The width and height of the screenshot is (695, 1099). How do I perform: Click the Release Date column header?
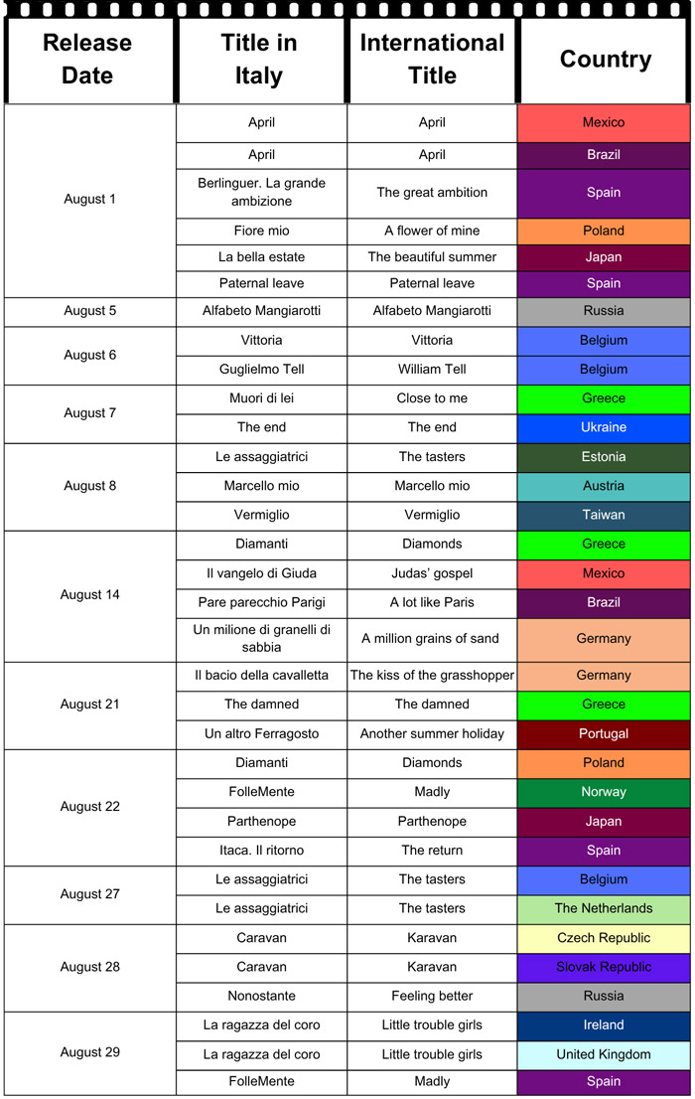click(x=87, y=59)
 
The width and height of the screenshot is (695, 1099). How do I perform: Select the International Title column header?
click(x=432, y=59)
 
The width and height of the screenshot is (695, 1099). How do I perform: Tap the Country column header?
click(x=605, y=59)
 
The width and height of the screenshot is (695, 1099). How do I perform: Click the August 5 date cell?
click(x=90, y=311)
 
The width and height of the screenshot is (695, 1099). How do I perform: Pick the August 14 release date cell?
click(x=90, y=595)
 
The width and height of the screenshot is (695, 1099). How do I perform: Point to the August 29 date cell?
click(x=90, y=1052)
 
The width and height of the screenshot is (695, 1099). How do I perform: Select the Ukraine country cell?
click(x=604, y=427)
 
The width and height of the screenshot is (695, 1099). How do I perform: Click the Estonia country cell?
click(x=604, y=457)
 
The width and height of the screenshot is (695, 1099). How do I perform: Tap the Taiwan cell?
click(x=604, y=515)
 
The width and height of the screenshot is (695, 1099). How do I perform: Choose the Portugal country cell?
click(x=604, y=733)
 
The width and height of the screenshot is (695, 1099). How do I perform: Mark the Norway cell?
click(x=604, y=792)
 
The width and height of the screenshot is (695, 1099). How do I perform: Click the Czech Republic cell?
click(x=604, y=938)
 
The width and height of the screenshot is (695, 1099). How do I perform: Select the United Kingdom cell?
click(x=604, y=1054)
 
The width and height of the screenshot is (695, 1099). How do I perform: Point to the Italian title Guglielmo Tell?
click(x=262, y=370)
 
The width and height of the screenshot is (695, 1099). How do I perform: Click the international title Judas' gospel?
click(x=432, y=573)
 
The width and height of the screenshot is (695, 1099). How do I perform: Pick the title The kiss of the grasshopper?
click(x=432, y=676)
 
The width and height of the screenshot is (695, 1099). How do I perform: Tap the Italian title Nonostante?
click(x=262, y=996)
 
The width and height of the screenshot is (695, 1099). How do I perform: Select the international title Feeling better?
click(x=432, y=996)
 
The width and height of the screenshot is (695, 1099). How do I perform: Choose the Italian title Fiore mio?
click(x=262, y=231)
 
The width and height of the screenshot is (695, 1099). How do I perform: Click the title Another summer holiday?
click(x=432, y=733)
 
